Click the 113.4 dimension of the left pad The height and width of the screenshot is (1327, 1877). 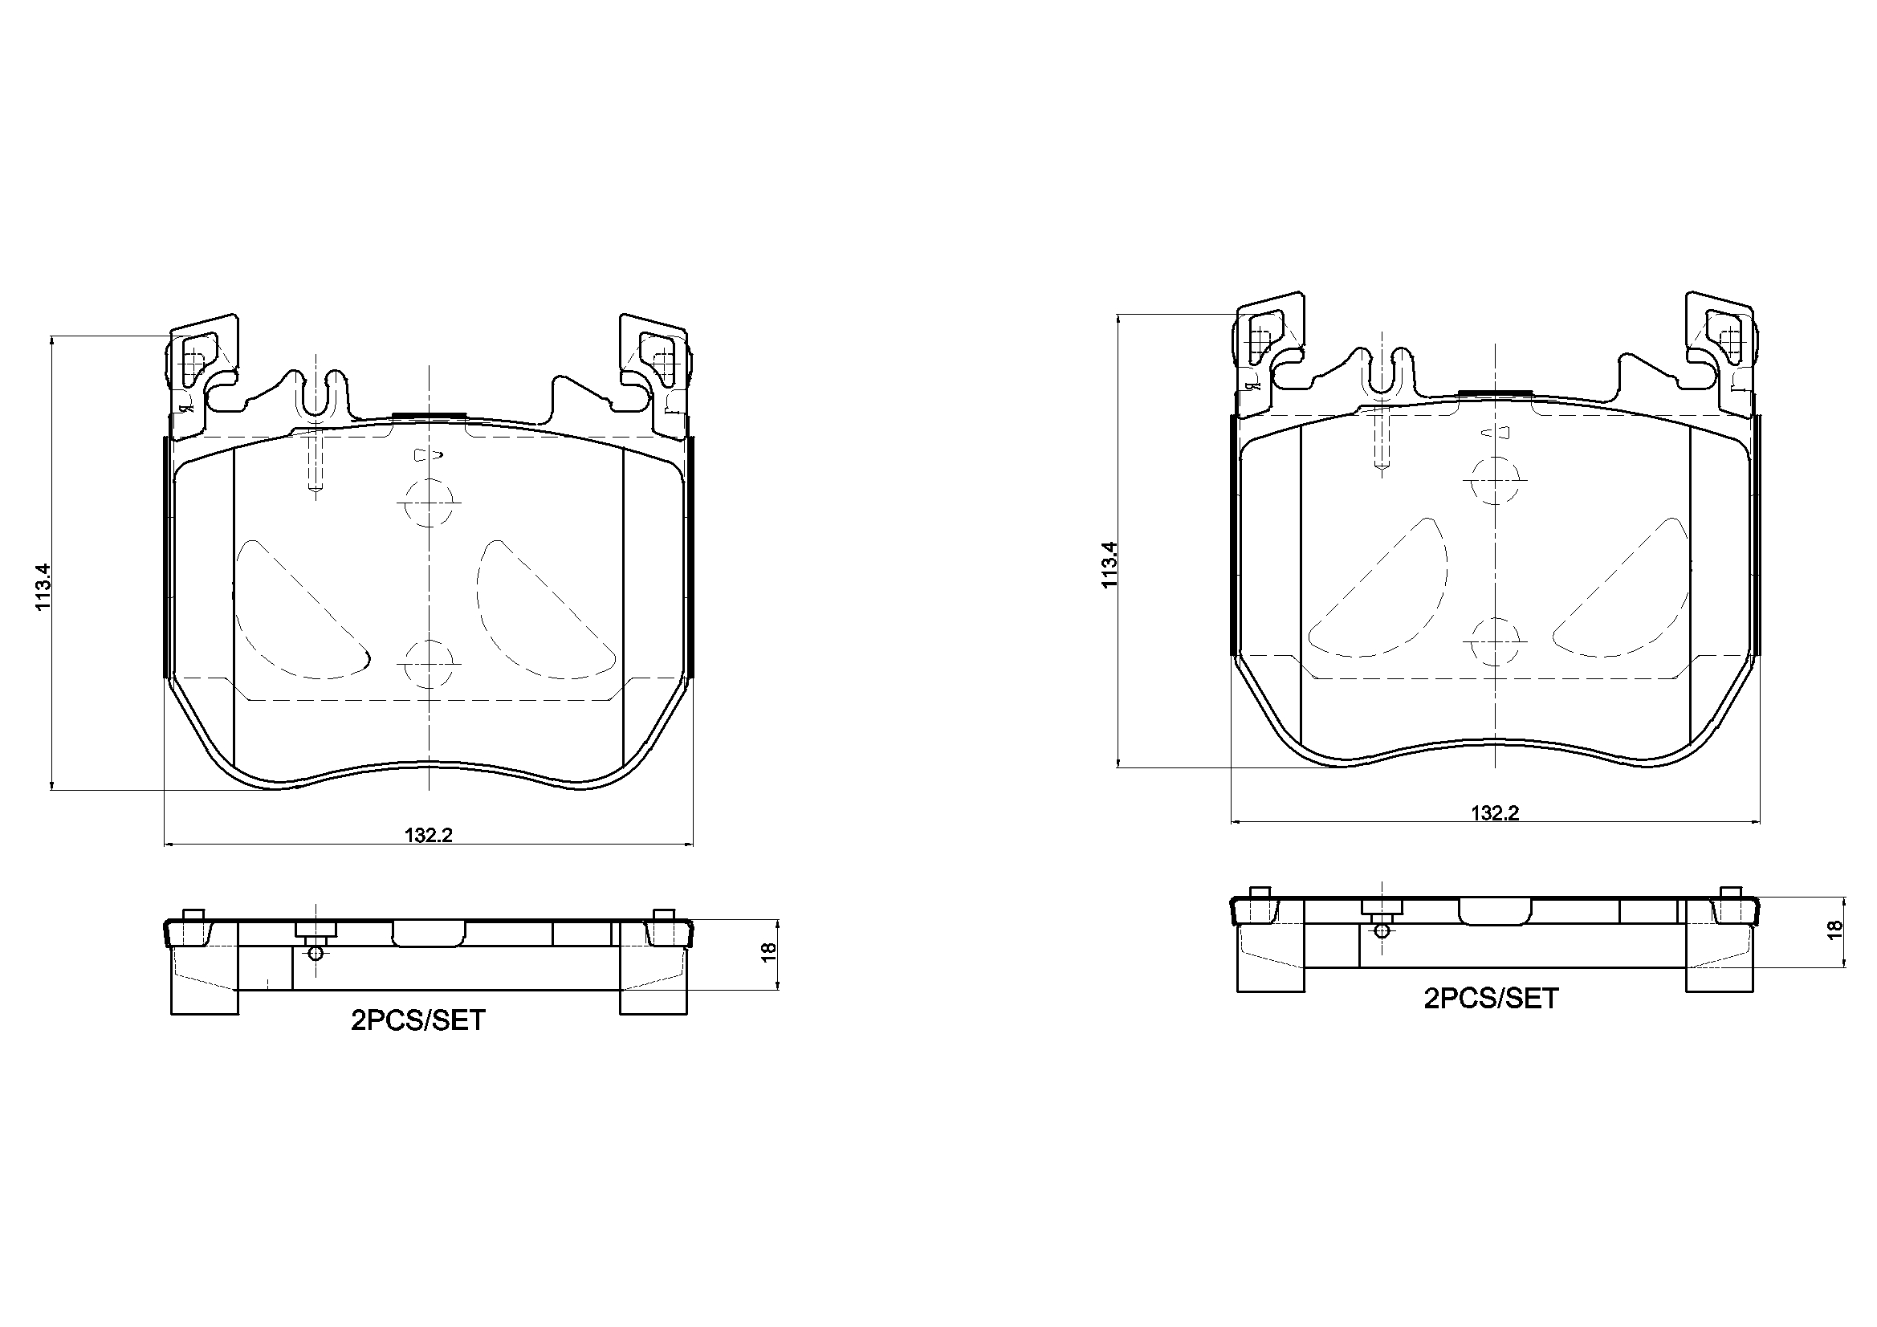coord(43,586)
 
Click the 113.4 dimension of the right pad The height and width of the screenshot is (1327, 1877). coord(1110,565)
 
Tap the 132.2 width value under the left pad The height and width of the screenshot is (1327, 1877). coord(429,835)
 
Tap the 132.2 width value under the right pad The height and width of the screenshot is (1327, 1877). coord(1494,812)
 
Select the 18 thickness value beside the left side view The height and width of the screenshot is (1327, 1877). coord(768,953)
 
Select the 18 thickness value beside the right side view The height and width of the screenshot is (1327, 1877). coord(1834,930)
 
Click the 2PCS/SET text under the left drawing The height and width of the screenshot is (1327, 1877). coord(417,1020)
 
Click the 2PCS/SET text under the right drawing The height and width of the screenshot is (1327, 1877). coord(1491,999)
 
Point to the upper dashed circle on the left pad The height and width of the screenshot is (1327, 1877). coord(430,502)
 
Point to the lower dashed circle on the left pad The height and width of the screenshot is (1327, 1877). coord(430,662)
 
